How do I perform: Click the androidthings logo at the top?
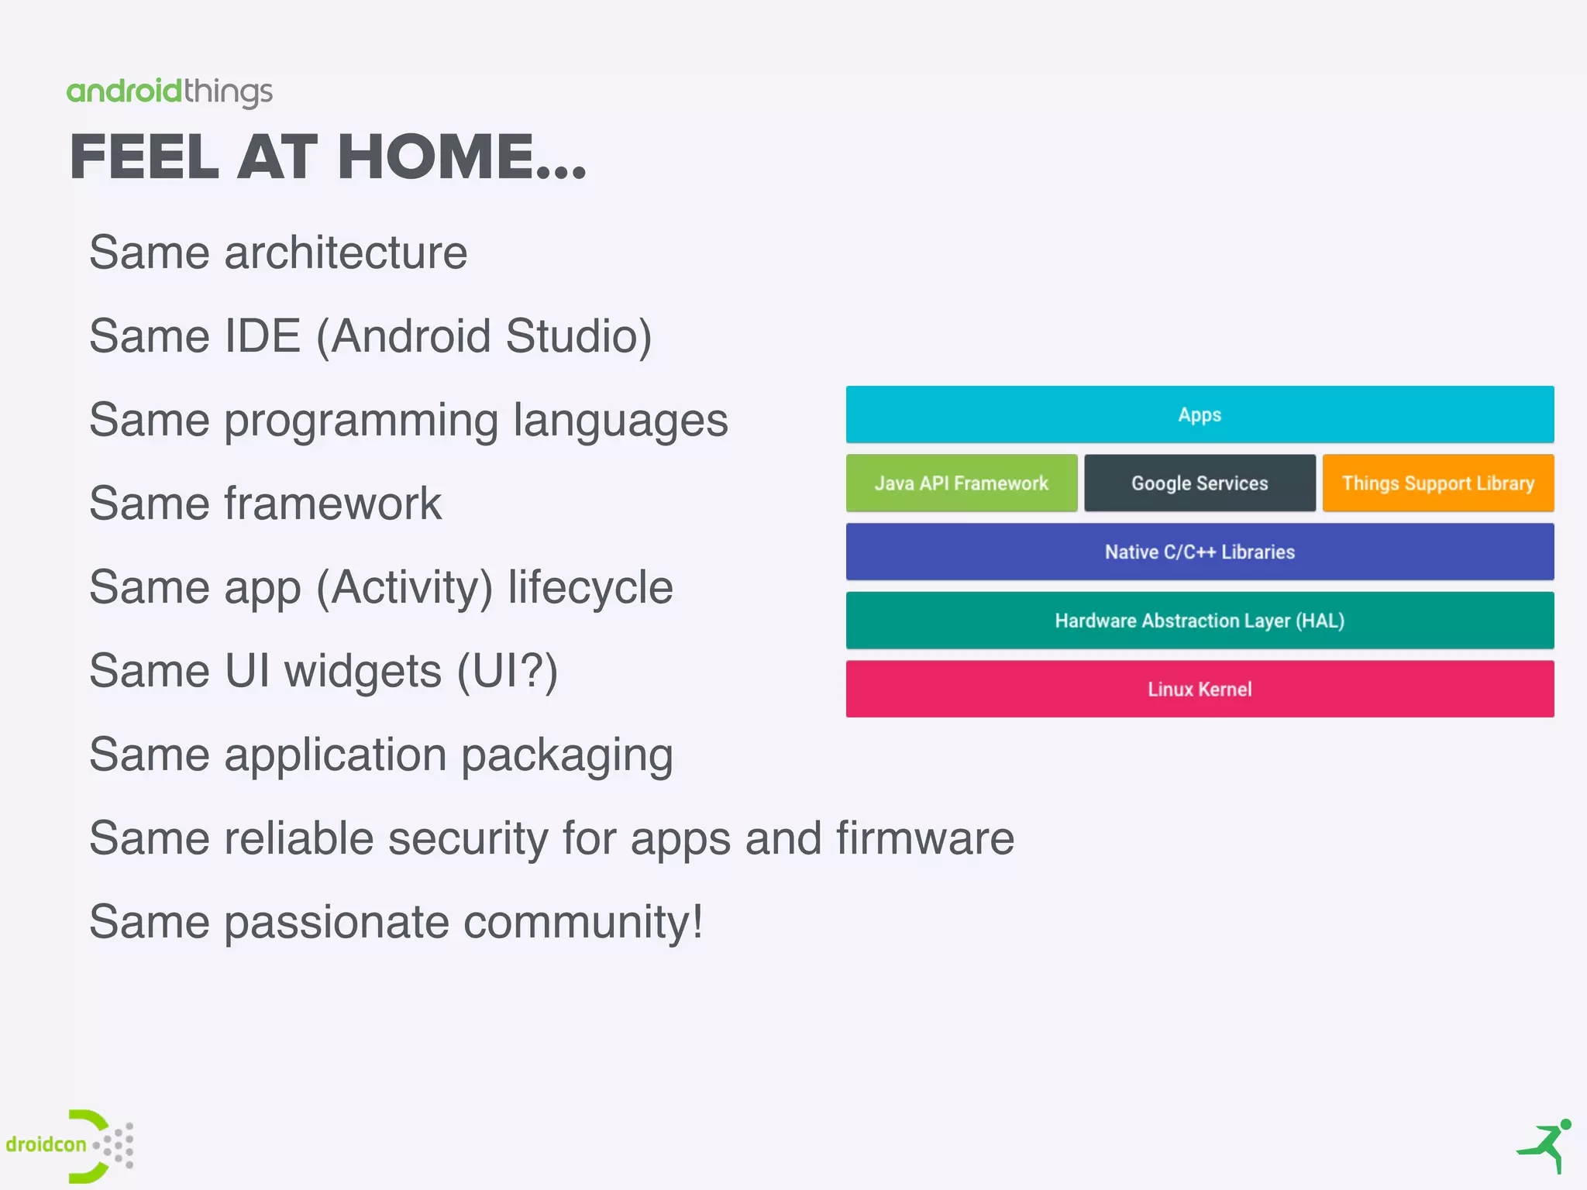pos(169,92)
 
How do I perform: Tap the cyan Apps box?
pos(1199,414)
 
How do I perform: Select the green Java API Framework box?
pos(961,483)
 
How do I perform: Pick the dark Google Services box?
pos(1199,483)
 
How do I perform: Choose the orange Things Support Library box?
pos(1437,483)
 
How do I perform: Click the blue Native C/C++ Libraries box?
pos(1199,552)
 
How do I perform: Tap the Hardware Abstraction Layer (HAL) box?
pos(1199,621)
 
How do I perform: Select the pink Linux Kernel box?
pos(1199,689)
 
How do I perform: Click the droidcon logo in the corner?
pos(70,1146)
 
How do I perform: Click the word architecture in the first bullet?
pos(346,253)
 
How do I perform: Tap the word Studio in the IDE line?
pos(578,336)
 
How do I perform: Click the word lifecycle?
pos(590,587)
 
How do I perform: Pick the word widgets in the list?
pos(363,671)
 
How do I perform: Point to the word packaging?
pos(566,755)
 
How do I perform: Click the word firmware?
pos(924,838)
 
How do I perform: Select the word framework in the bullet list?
pos(333,504)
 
